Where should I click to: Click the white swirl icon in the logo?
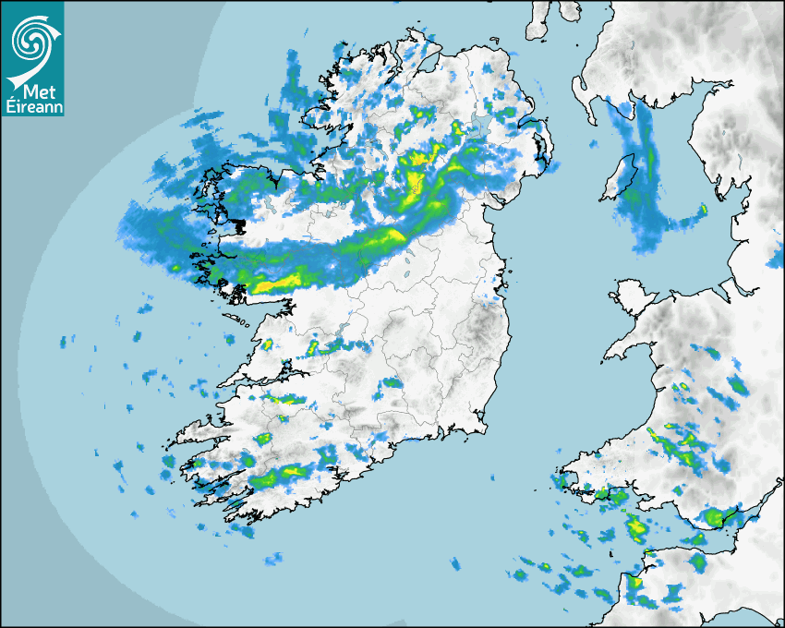click(32, 40)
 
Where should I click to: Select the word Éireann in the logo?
click(32, 107)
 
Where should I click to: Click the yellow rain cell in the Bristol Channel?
click(636, 527)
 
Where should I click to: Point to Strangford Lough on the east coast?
click(545, 148)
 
